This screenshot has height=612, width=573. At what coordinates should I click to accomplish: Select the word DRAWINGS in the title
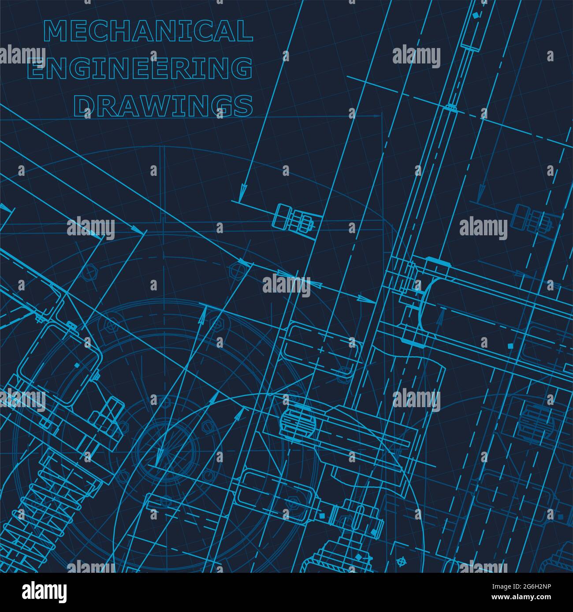(x=163, y=106)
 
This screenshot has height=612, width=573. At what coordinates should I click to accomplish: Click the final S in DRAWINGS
(x=243, y=106)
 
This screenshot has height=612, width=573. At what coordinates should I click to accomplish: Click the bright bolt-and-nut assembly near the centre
(x=293, y=218)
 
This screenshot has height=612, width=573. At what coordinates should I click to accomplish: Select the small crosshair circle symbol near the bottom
(x=401, y=562)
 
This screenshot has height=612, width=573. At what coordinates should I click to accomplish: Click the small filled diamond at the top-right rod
(x=475, y=15)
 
